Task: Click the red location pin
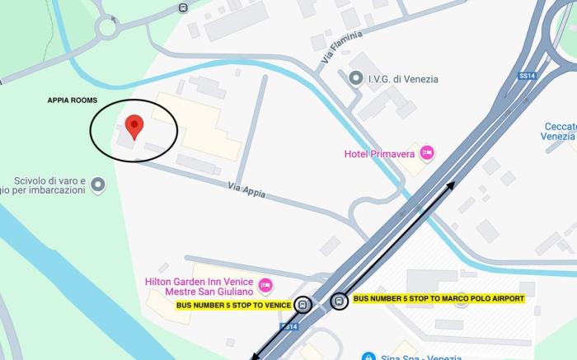coord(134,127)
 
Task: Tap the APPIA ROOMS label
coord(72,101)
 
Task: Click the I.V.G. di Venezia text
coord(403,79)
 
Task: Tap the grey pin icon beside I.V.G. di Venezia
coord(356,78)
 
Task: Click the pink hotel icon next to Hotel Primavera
coord(426,152)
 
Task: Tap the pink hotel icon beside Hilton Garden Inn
coord(265,285)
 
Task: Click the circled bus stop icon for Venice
coord(303,305)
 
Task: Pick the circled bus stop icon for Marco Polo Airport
coord(339,302)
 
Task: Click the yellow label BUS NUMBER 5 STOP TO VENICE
coord(234,305)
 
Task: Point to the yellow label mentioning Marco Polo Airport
coord(439,298)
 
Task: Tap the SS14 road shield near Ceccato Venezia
coord(527,76)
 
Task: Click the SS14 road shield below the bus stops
coord(288,327)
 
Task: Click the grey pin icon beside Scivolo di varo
coord(97,185)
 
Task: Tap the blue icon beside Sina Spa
coord(368,357)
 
